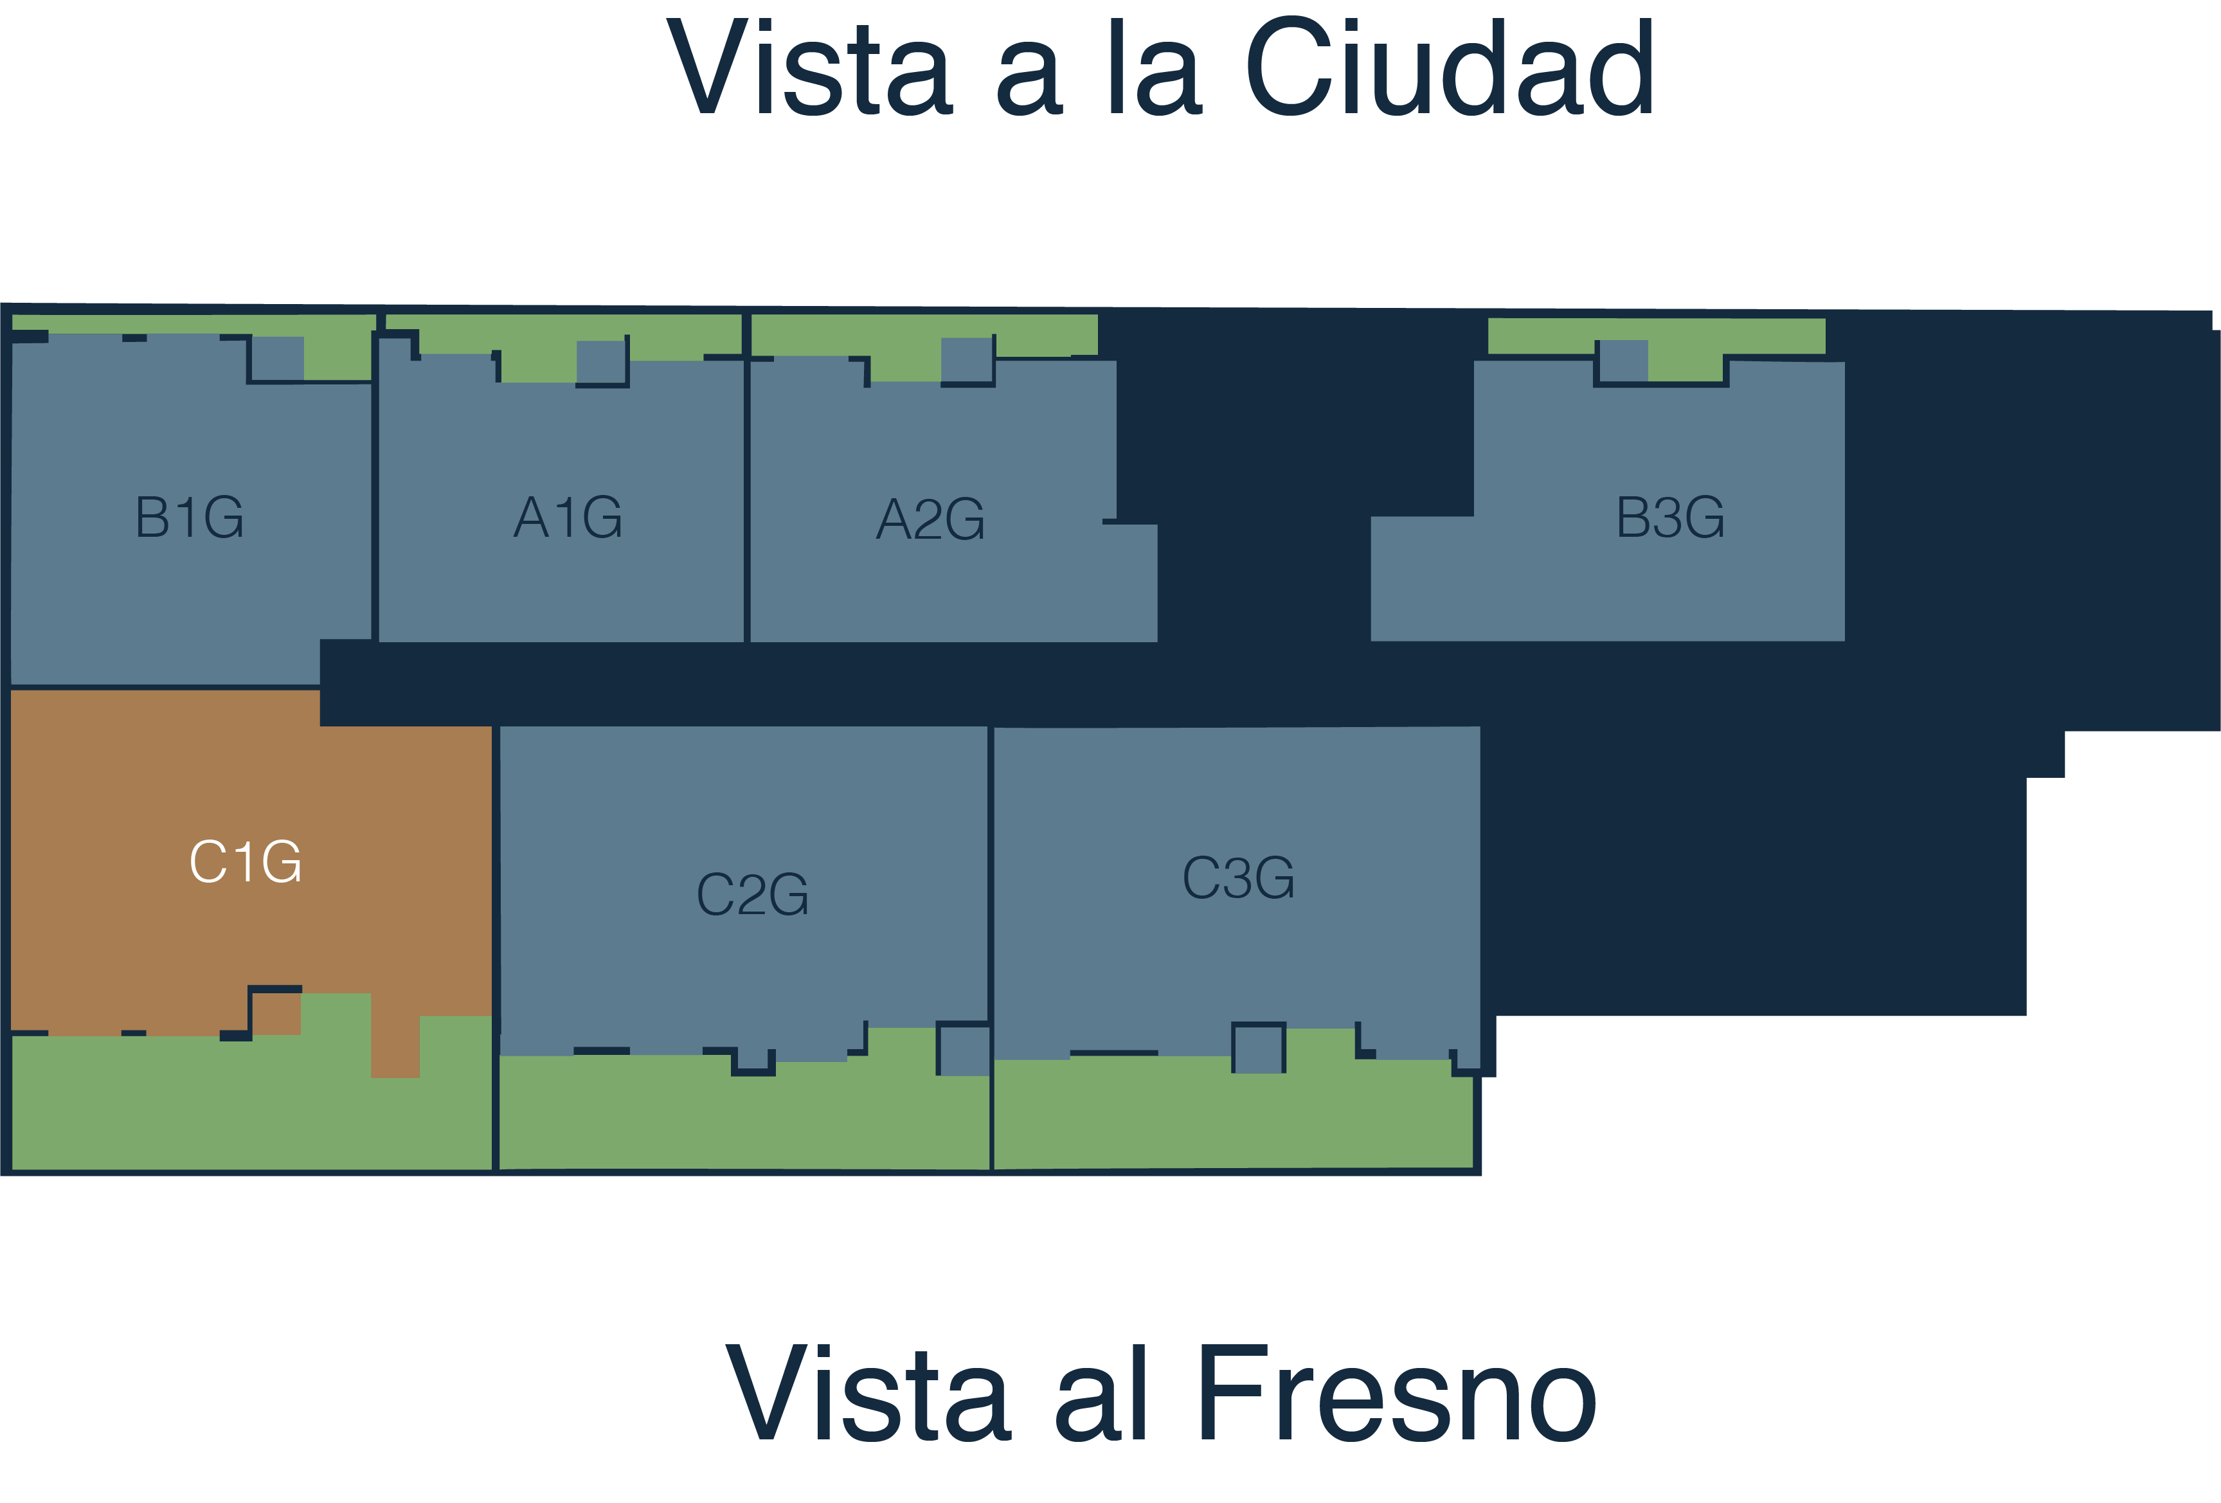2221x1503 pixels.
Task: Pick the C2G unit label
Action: (x=752, y=894)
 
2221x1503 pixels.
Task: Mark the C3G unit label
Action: (x=1239, y=877)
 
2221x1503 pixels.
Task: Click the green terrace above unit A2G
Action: (x=922, y=336)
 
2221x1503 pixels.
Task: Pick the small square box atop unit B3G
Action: (x=1623, y=361)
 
